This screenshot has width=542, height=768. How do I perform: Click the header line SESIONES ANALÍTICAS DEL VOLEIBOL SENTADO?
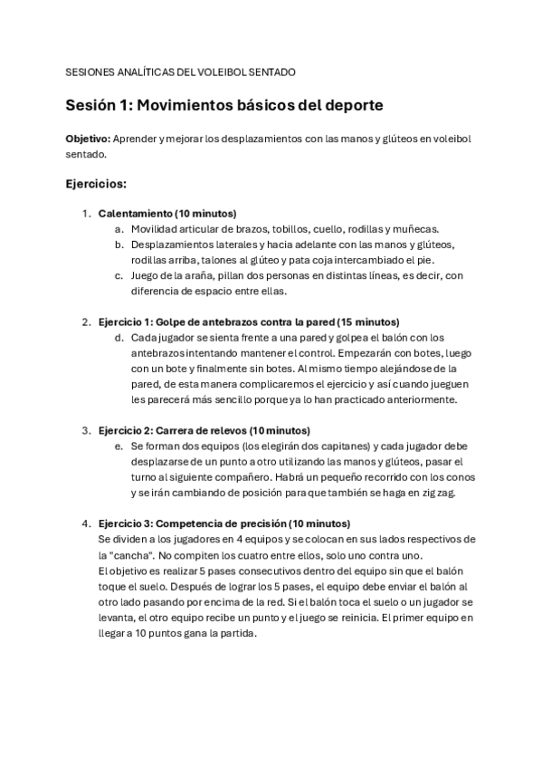(x=180, y=72)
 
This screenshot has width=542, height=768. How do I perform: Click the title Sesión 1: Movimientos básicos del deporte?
(x=224, y=105)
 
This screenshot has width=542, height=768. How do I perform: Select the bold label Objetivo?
(x=87, y=139)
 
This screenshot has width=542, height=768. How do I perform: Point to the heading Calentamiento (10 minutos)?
(x=166, y=214)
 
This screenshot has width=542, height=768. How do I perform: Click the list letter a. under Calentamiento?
(x=119, y=229)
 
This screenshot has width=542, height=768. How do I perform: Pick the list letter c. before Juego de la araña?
(x=119, y=275)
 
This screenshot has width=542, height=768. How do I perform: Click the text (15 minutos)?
(x=367, y=322)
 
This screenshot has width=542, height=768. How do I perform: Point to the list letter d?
(x=119, y=337)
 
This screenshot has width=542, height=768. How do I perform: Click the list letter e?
(x=119, y=446)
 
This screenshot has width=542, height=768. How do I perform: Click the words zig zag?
(x=444, y=493)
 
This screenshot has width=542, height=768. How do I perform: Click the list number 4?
(x=86, y=523)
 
